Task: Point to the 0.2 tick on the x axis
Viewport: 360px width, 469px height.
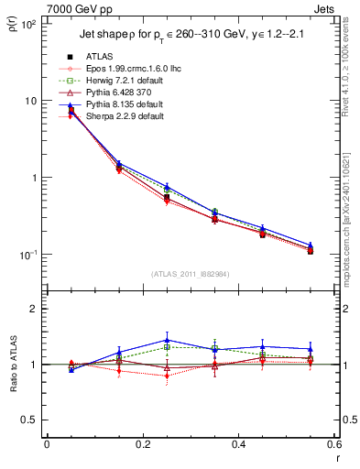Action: coord(142,444)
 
